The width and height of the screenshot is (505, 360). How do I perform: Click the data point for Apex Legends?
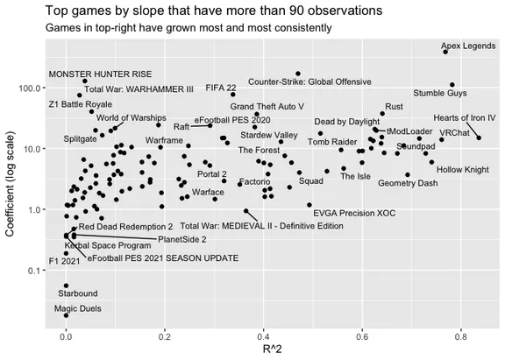click(445, 52)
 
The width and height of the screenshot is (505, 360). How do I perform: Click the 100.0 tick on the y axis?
click(32, 88)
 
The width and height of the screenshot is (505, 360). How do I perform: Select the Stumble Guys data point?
click(452, 85)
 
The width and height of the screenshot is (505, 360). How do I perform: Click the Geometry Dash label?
click(408, 183)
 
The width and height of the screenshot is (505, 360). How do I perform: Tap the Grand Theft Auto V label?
click(267, 105)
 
